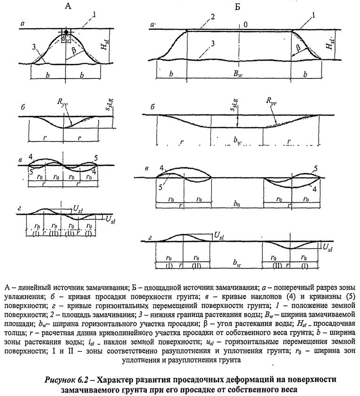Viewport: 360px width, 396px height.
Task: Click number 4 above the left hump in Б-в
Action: point(161,168)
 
